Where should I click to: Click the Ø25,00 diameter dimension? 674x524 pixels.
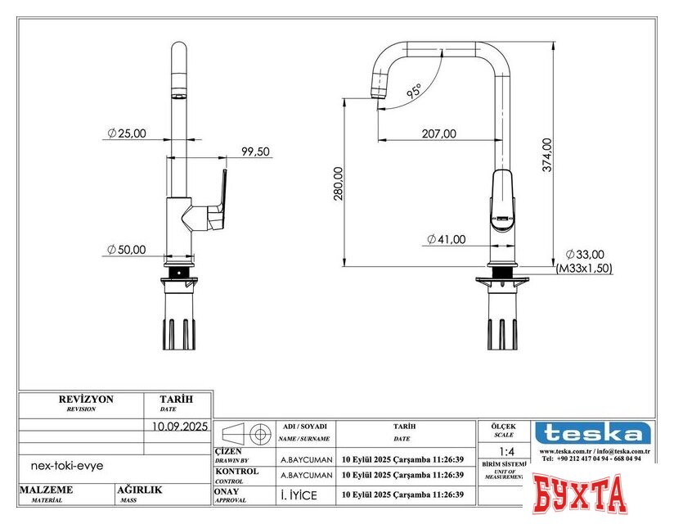click(127, 133)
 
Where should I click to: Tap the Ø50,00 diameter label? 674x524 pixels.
click(127, 250)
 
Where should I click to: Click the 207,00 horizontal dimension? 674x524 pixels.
click(439, 133)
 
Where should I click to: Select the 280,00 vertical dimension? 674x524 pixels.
click(338, 183)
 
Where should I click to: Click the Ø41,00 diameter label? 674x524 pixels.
click(446, 239)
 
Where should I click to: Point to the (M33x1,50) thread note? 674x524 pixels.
click(584, 268)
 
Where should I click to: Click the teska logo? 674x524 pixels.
click(593, 433)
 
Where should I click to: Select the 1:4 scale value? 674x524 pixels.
click(506, 451)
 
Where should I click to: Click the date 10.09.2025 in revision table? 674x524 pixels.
click(180, 426)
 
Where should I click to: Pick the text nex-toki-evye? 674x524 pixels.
click(67, 464)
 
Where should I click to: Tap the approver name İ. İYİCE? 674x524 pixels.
click(299, 495)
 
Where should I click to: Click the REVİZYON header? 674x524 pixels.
click(86, 400)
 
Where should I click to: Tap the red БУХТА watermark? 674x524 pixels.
click(580, 494)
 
